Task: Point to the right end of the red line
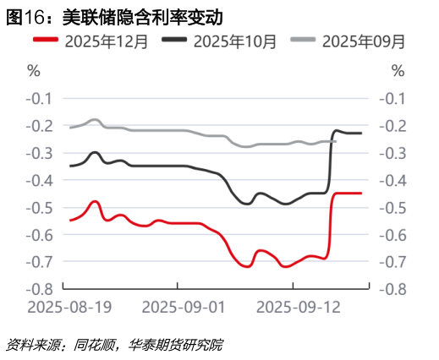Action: pos(362,194)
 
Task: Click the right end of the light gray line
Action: pos(336,141)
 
